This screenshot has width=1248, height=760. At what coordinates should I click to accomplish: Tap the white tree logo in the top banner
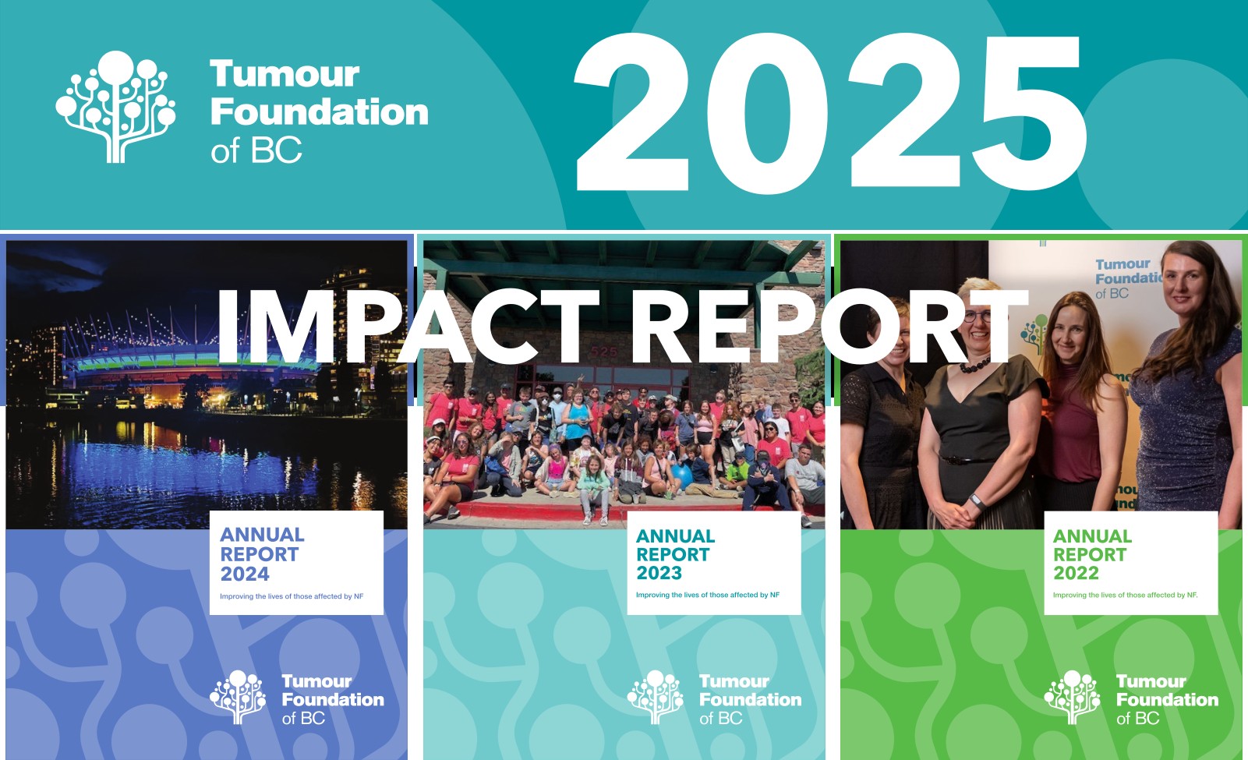(116, 107)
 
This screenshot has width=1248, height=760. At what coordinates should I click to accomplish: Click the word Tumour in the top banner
(285, 74)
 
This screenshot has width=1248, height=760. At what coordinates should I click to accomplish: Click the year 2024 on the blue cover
(245, 574)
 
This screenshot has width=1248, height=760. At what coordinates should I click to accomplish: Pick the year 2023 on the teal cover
(659, 573)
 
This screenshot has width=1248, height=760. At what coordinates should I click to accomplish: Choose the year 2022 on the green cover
(1076, 573)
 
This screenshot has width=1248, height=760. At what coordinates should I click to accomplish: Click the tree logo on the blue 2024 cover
(238, 697)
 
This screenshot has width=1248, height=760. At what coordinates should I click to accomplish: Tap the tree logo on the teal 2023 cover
(656, 697)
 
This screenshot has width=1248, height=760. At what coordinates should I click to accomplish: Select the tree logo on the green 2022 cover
(1073, 697)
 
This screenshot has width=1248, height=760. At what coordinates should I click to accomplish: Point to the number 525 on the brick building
(604, 352)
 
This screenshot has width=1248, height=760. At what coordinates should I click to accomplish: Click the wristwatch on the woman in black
(975, 501)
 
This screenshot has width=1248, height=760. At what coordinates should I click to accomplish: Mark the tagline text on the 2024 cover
(292, 596)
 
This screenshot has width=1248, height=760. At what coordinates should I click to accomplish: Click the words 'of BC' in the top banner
(256, 150)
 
